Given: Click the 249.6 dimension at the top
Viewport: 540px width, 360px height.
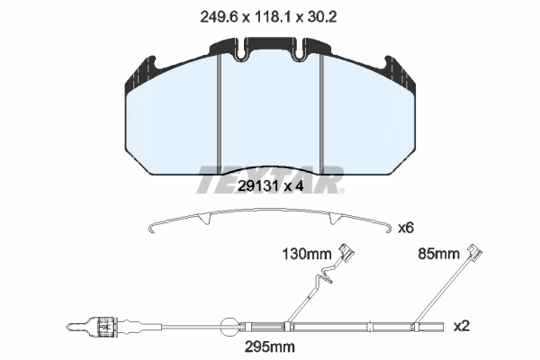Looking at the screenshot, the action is (x=219, y=16).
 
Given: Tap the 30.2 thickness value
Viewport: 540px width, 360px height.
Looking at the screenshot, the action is (x=321, y=16).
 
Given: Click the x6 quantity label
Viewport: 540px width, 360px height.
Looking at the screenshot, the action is (x=406, y=228).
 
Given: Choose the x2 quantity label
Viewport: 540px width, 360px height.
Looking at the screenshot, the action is (x=462, y=326).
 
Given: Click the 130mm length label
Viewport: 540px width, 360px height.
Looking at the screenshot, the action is (x=307, y=254).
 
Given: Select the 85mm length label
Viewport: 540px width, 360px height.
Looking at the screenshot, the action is (x=438, y=254).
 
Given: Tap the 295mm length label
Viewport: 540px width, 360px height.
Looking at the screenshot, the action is (x=270, y=346).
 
